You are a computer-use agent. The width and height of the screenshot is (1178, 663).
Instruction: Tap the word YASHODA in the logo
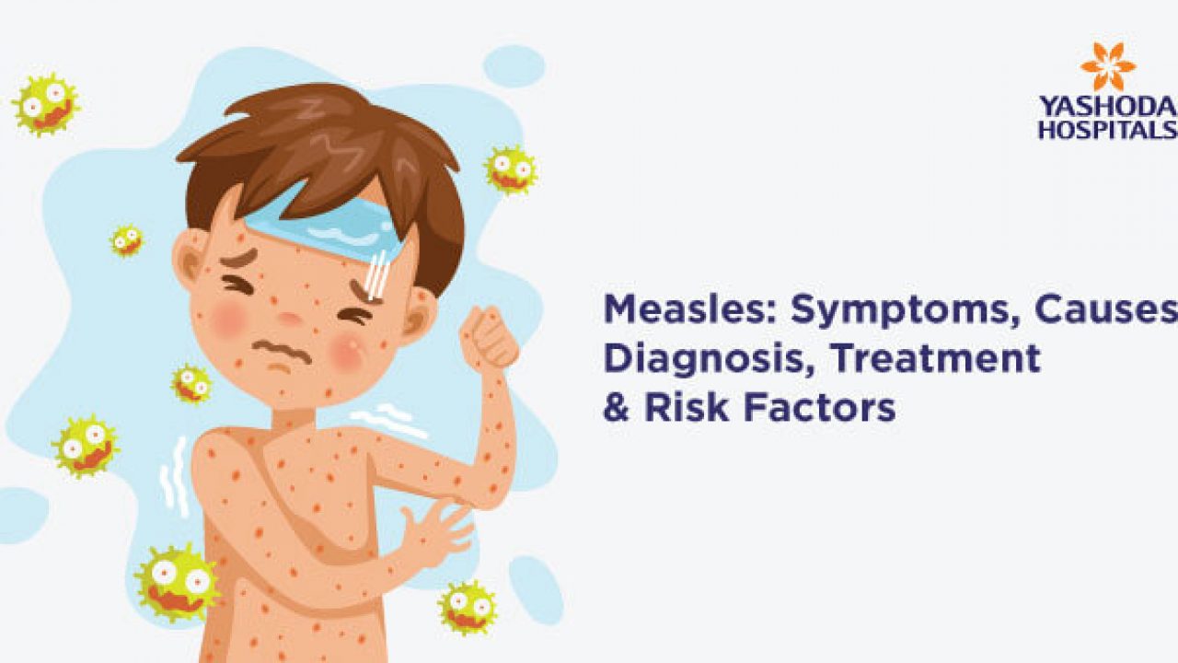pyautogui.click(x=1108, y=108)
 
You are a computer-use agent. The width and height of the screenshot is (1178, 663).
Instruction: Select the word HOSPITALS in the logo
pyautogui.click(x=1108, y=130)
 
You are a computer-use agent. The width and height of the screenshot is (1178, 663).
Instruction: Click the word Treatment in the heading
pyautogui.click(x=935, y=358)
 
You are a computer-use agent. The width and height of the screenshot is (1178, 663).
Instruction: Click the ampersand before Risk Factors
pyautogui.click(x=616, y=407)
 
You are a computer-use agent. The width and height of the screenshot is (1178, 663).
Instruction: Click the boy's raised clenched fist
pyautogui.click(x=489, y=337)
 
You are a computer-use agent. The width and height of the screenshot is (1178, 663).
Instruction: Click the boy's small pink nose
pyautogui.click(x=289, y=319)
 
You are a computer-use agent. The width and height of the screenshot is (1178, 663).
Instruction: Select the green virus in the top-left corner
pyautogui.click(x=46, y=105)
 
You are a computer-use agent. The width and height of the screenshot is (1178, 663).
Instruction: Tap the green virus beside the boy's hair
pyautogui.click(x=510, y=169)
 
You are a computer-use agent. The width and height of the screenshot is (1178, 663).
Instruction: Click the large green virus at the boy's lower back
pyautogui.click(x=178, y=583)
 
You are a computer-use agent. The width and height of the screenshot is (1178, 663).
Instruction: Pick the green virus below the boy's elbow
pyautogui.click(x=467, y=608)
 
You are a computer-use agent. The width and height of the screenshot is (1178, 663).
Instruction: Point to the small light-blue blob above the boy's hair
pyautogui.click(x=514, y=65)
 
